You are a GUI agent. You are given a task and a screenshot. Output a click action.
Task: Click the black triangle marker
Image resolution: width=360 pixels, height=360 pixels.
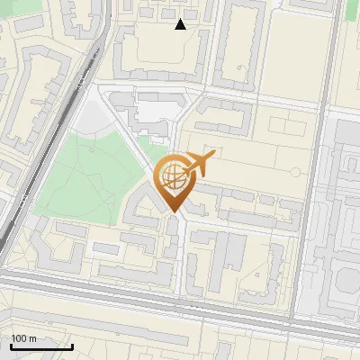tap(181, 24)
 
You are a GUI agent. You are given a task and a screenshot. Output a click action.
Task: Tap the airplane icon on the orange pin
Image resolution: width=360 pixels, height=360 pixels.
tap(200, 163)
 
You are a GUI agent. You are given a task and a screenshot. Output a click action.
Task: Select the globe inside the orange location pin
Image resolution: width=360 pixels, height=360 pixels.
tap(172, 175)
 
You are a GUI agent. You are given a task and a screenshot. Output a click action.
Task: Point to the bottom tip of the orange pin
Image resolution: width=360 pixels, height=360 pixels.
tap(173, 212)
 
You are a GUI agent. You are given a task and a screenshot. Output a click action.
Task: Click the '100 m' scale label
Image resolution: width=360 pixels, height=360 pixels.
tap(23, 337)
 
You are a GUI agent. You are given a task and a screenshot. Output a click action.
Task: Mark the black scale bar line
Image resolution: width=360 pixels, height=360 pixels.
tap(40, 346)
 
